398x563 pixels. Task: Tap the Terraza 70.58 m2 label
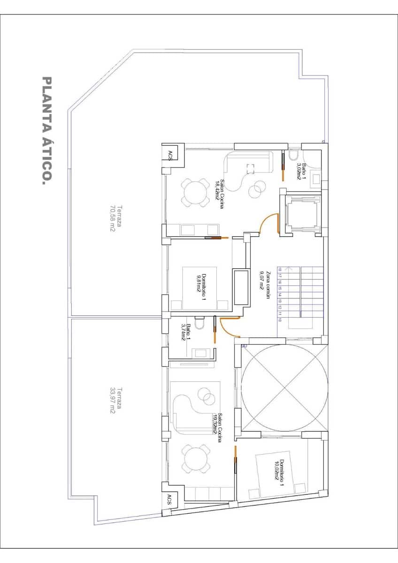[x=115, y=219]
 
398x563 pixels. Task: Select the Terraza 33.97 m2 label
[x=115, y=400]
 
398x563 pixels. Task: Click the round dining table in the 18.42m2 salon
[x=193, y=192]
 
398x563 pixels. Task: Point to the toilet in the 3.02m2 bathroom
[x=294, y=155]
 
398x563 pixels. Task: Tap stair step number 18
[x=280, y=270]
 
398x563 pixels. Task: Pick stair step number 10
[x=280, y=320]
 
